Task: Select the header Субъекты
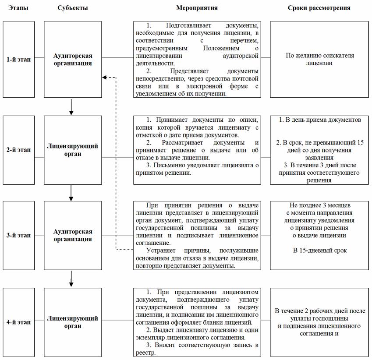(72, 8)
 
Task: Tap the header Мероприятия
(197, 8)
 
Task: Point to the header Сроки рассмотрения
(319, 8)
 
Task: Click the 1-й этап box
(19, 60)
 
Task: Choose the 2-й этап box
(19, 149)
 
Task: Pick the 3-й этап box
(19, 236)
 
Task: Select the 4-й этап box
(19, 322)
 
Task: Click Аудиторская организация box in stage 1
(73, 60)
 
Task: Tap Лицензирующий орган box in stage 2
(73, 149)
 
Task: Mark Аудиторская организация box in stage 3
(73, 236)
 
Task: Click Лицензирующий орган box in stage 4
(73, 322)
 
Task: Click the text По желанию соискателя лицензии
(319, 60)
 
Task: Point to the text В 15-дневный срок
(319, 251)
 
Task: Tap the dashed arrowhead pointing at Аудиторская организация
(104, 78)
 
